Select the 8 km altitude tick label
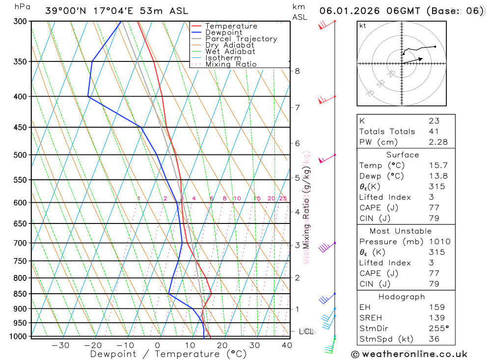[x=297, y=71]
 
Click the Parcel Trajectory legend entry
[x=241, y=39]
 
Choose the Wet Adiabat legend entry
[x=230, y=52]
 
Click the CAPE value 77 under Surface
[x=434, y=208]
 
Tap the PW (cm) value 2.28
[x=438, y=142]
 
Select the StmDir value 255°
[x=436, y=329]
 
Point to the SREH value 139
[x=436, y=318]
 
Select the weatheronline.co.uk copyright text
[x=409, y=354]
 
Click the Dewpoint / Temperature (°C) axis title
[x=168, y=354]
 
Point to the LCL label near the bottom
[x=306, y=332]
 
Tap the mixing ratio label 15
[x=257, y=198]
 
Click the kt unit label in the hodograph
[x=363, y=26]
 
